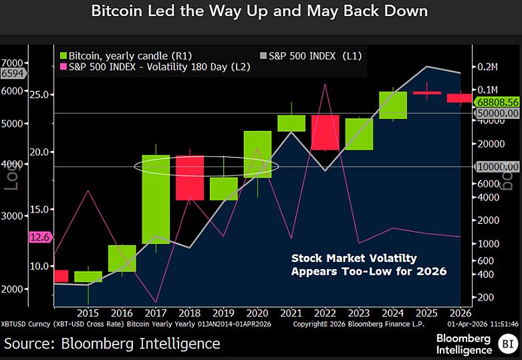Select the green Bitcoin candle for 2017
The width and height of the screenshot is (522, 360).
click(156, 198)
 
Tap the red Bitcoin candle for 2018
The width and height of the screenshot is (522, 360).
click(190, 178)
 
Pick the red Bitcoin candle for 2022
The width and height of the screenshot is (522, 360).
click(325, 132)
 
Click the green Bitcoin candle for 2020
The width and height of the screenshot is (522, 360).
click(257, 154)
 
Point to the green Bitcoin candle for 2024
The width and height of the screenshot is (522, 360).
click(392, 105)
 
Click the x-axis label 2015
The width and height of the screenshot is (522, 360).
click(88, 313)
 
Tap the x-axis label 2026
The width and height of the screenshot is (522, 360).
click(461, 313)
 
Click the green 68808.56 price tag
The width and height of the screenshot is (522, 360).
click(497, 102)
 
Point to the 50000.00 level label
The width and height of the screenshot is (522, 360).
click(497, 114)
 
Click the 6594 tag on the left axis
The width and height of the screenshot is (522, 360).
click(14, 73)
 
